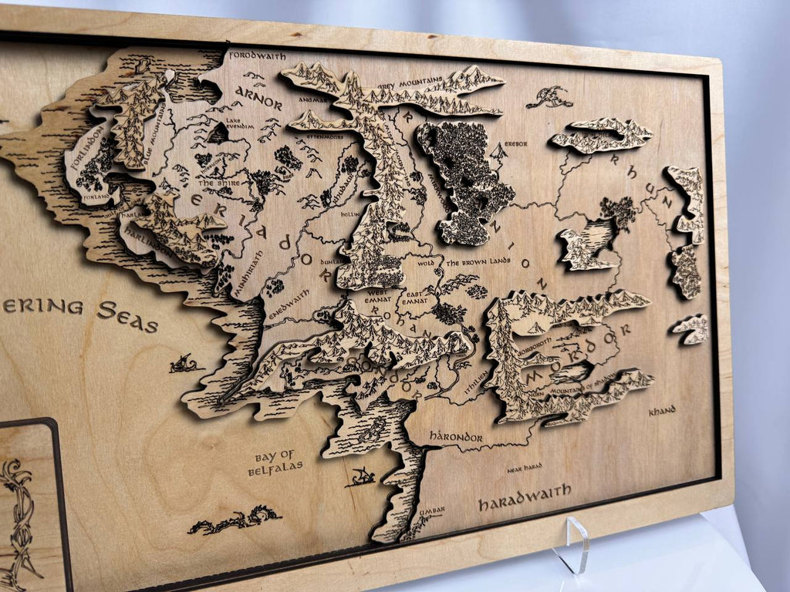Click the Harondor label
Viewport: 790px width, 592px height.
[455, 437]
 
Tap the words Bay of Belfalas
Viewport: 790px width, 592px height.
[275, 460]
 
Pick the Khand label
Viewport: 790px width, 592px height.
[661, 411]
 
